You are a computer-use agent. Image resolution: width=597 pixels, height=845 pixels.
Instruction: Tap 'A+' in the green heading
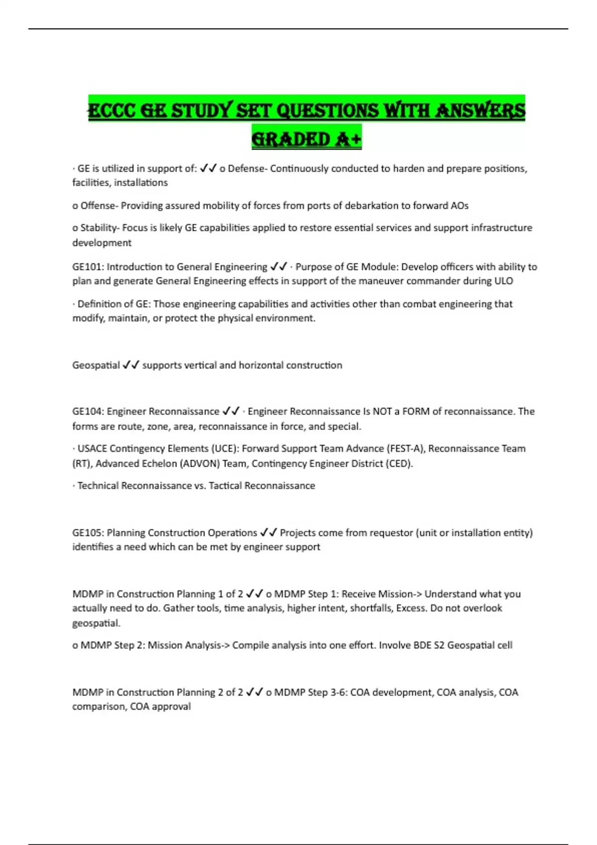tap(349, 140)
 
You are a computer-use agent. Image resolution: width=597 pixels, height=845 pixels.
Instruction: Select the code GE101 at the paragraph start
tap(88, 267)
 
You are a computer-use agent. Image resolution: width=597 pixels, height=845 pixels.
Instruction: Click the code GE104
tap(88, 412)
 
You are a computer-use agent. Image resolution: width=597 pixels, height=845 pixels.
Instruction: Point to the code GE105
tap(88, 533)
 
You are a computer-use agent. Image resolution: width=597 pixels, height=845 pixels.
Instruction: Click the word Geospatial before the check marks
tap(96, 365)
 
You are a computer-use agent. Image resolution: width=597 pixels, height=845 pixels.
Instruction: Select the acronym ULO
tap(503, 281)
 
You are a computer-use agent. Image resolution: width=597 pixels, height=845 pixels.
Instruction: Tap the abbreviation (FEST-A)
tap(405, 448)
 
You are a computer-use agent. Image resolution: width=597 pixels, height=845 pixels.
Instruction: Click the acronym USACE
tap(92, 448)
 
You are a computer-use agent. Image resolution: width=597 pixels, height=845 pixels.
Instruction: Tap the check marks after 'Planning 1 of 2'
tap(255, 594)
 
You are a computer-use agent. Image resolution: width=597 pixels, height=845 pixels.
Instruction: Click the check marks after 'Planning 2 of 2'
tap(255, 692)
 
